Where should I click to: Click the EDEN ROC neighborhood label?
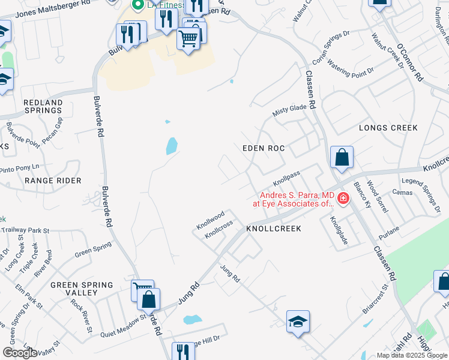[x=263, y=148]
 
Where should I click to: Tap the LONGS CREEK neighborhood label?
[x=388, y=128]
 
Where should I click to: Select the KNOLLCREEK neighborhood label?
[x=273, y=229]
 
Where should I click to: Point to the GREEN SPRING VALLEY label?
[x=82, y=289]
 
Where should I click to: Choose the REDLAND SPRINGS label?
[x=43, y=107]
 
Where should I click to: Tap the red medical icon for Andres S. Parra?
[x=343, y=198]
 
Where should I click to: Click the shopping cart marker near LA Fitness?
[x=188, y=39]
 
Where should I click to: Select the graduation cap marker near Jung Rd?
[x=298, y=322]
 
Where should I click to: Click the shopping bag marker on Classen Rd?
[x=342, y=158]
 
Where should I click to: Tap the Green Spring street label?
[x=93, y=249]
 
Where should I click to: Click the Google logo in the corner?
[x=19, y=353]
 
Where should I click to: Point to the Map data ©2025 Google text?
[x=412, y=355]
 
